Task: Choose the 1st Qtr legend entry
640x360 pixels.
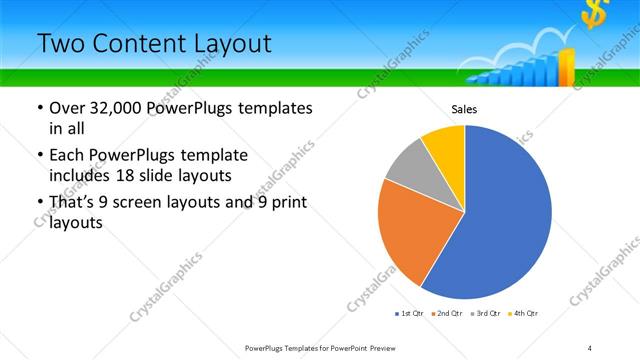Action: pyautogui.click(x=409, y=314)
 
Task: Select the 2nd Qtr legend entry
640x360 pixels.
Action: pyautogui.click(x=447, y=314)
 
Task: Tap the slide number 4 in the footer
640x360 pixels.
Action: pyautogui.click(x=590, y=347)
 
